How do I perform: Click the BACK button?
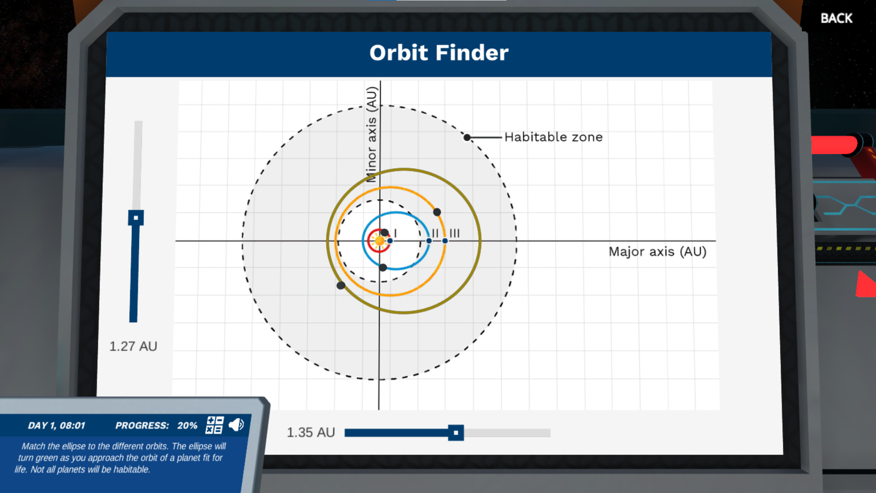(836, 18)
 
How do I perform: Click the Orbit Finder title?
(438, 53)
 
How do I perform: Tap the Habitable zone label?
(553, 137)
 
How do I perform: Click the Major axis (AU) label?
(657, 252)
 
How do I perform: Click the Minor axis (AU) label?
(372, 134)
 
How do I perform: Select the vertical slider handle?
(136, 218)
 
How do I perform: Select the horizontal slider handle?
(455, 433)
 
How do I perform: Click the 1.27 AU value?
(133, 346)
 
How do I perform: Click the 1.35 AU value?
(311, 432)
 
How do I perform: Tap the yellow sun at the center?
(379, 241)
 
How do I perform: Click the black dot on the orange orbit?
(437, 212)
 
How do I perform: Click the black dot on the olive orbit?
(340, 285)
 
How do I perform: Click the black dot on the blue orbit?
(383, 267)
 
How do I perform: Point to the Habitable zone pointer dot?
(467, 137)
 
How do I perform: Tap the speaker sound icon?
(236, 425)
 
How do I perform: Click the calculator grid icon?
(214, 425)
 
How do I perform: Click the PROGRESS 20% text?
(156, 425)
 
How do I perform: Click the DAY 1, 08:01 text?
(57, 425)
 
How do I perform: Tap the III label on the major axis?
(454, 233)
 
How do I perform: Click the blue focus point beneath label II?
(429, 241)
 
